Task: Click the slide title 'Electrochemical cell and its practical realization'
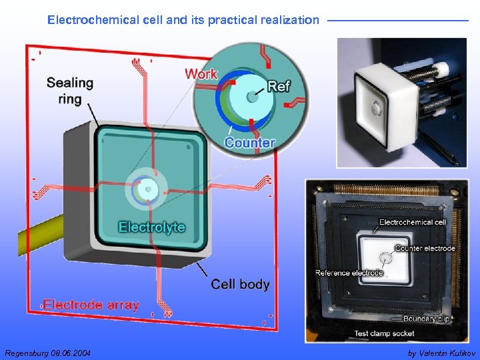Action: pyautogui.click(x=183, y=20)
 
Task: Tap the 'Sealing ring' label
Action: pyautogui.click(x=69, y=91)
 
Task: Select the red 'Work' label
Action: pyautogui.click(x=201, y=73)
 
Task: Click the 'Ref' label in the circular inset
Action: pyautogui.click(x=279, y=87)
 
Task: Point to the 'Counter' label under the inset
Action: pyautogui.click(x=249, y=143)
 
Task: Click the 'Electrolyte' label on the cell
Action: pyautogui.click(x=151, y=227)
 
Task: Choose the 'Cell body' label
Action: pyautogui.click(x=240, y=285)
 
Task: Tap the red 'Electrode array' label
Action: pyautogui.click(x=91, y=305)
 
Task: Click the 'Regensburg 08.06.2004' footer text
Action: pyautogui.click(x=47, y=353)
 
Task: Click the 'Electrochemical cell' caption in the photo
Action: pyautogui.click(x=413, y=222)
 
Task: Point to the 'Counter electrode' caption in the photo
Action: pyautogui.click(x=425, y=248)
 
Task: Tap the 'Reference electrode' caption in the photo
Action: pyautogui.click(x=349, y=273)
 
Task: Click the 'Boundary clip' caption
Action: pyautogui.click(x=425, y=319)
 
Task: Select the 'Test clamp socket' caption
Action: pyautogui.click(x=384, y=333)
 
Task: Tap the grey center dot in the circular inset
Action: pyautogui.click(x=252, y=97)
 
